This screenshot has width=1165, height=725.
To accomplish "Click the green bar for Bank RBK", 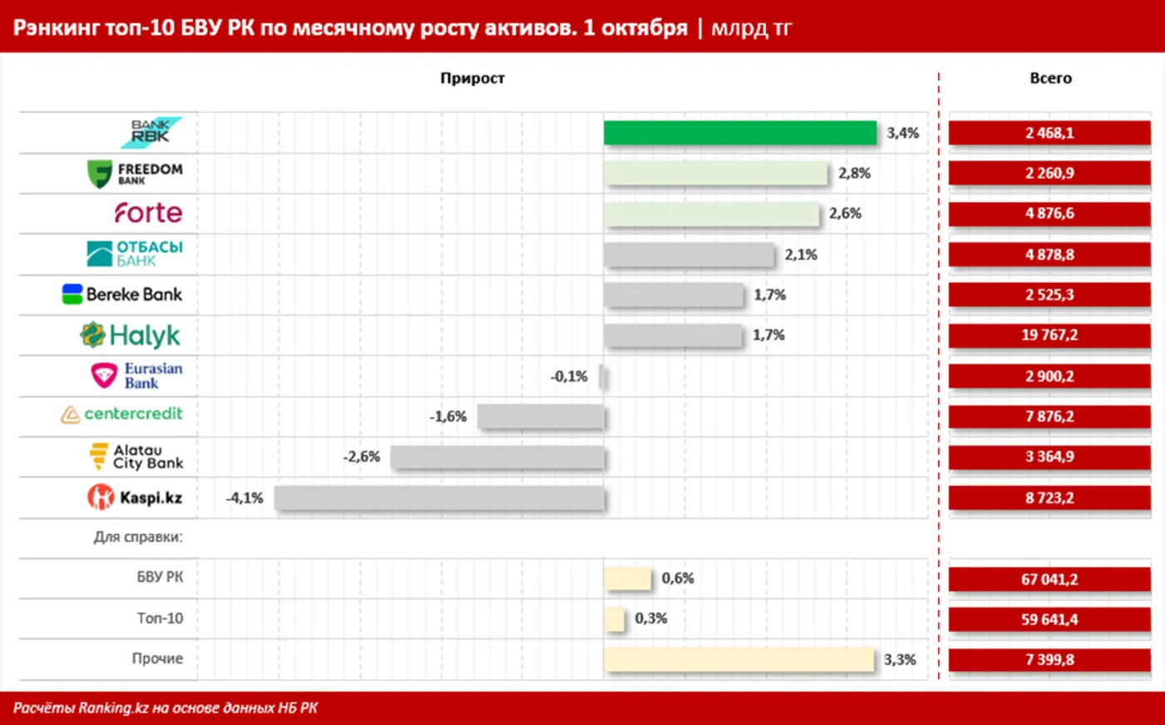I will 740,133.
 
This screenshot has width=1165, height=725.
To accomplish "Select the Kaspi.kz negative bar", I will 439,498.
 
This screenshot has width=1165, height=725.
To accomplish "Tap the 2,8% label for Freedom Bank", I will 854,173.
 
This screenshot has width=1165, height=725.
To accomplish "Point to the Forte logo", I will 148,213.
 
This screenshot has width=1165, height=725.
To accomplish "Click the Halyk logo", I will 131,335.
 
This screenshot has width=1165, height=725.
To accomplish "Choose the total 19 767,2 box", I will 1049,335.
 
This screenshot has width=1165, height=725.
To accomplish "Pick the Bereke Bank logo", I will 122,294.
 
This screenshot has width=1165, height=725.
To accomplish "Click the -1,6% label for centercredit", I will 447,417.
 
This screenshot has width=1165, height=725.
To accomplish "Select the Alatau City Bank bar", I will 497,456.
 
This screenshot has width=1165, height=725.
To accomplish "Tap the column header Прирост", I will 472,78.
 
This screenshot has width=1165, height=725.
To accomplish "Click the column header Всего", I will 1050,78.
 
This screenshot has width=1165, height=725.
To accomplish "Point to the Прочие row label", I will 157,658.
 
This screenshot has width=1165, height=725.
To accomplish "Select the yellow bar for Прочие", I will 738,659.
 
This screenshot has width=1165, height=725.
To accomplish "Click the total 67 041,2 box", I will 1049,579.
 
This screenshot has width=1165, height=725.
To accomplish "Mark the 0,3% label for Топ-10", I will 650,619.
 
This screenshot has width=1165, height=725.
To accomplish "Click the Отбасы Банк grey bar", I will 689,254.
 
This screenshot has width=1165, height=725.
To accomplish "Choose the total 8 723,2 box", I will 1049,498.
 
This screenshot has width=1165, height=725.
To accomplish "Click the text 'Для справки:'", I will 138,537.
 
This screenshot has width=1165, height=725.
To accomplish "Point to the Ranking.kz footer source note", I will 165,708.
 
